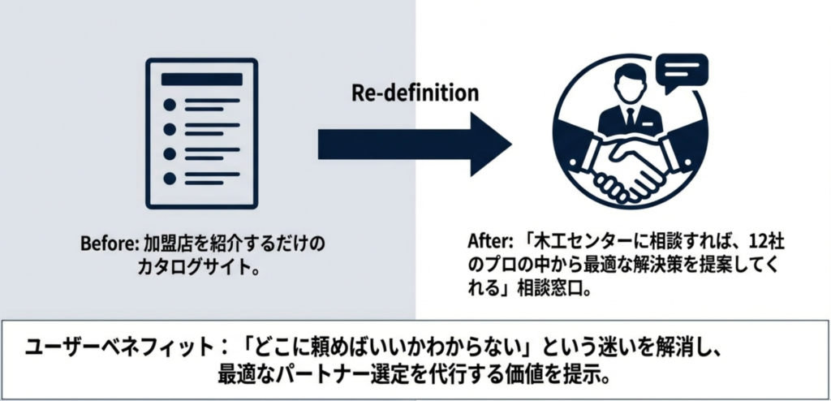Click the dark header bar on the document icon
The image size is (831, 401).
click(x=203, y=79)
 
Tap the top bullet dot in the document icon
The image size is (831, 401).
click(x=170, y=105)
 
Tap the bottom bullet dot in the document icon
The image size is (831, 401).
click(x=170, y=178)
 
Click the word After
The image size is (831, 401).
click(x=484, y=243)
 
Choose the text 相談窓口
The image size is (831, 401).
click(x=556, y=288)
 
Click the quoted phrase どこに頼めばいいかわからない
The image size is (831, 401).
click(x=359, y=345)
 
